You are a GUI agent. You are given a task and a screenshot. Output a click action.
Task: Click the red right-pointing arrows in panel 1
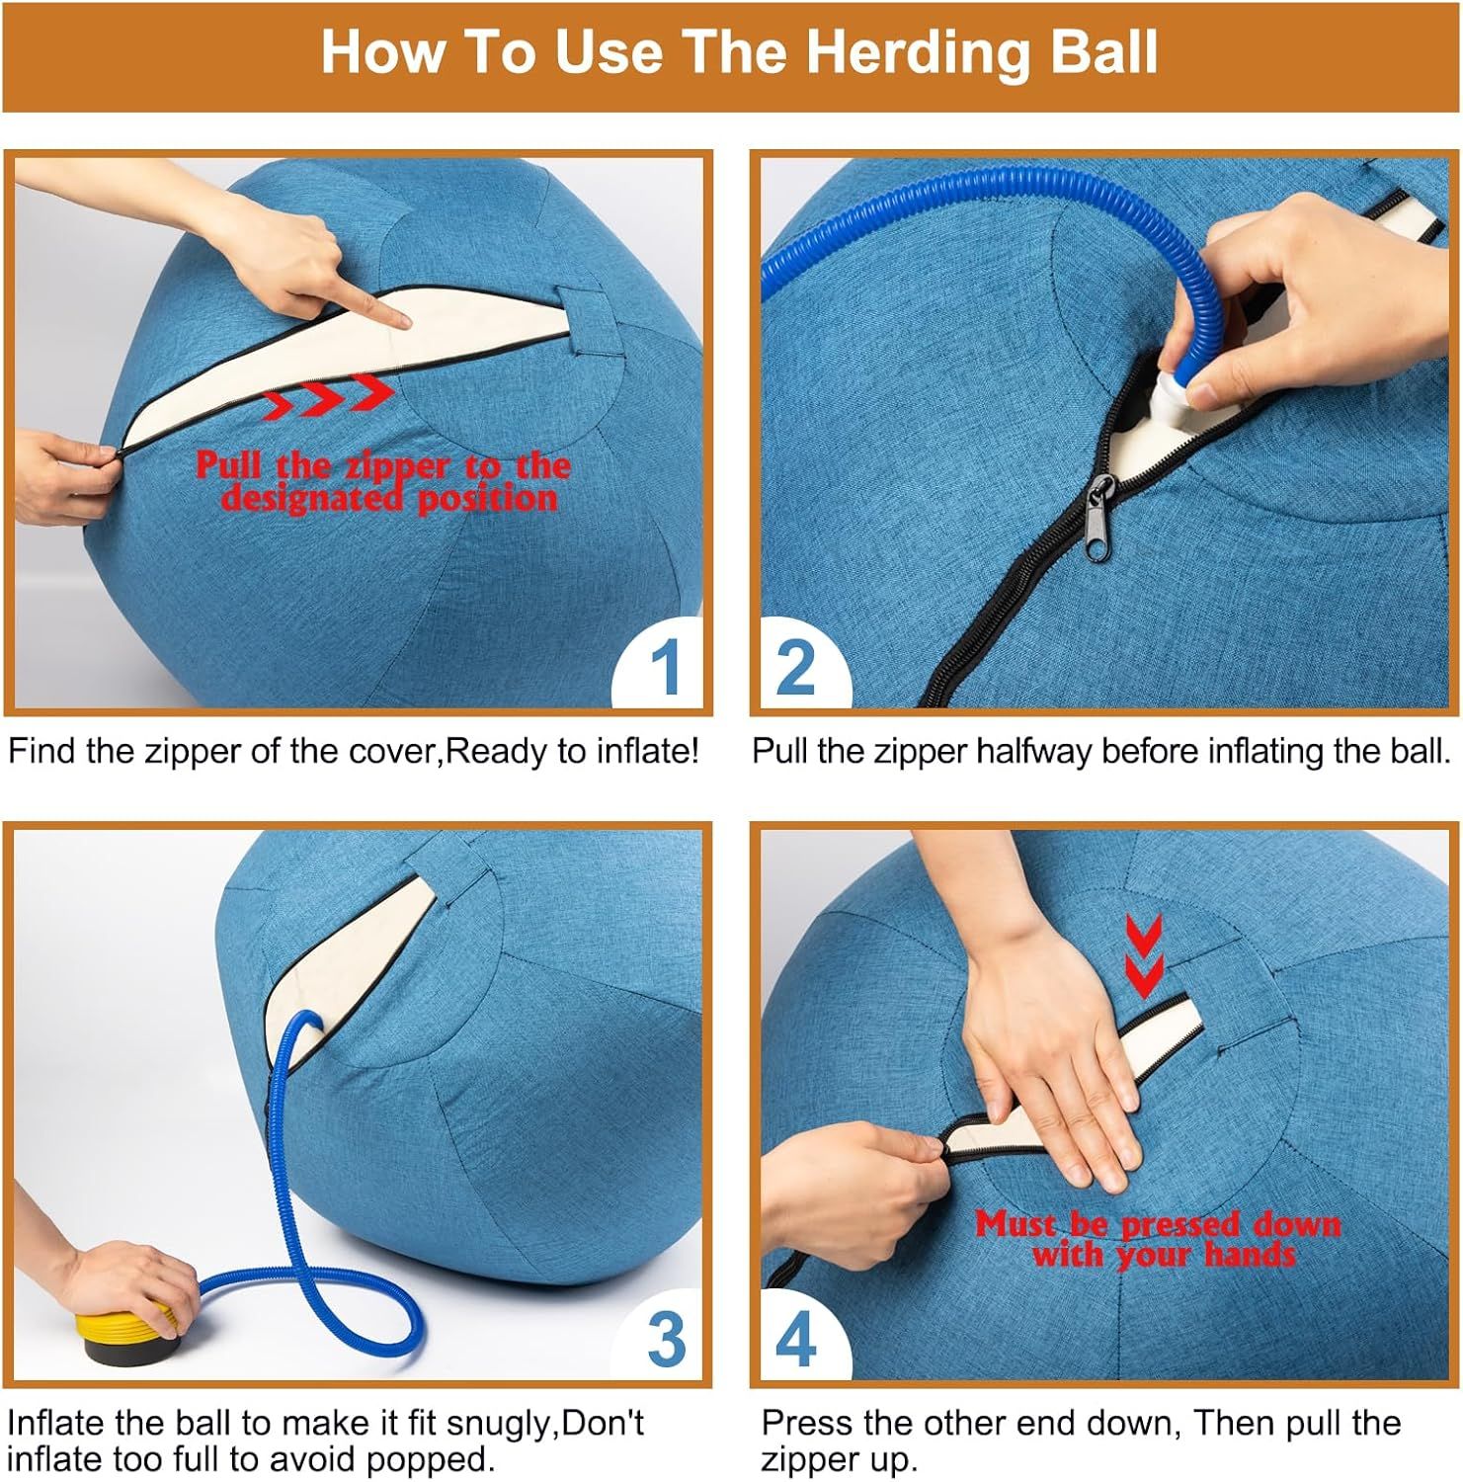(x=330, y=393)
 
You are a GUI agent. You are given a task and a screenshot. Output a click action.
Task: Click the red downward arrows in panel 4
(x=1144, y=953)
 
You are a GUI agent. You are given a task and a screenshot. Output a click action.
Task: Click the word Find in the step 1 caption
(x=42, y=751)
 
